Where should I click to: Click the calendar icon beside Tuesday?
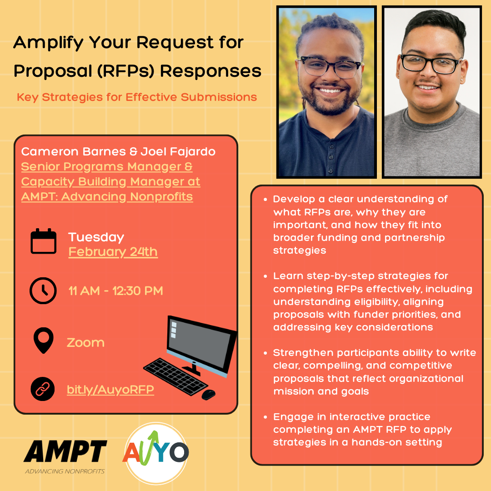[x=44, y=241]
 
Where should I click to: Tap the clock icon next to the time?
[x=43, y=290]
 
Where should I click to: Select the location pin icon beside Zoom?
[x=44, y=341]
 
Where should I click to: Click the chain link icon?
[x=43, y=389]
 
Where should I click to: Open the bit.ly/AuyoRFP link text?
[x=110, y=390]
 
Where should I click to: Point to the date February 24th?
[x=113, y=252]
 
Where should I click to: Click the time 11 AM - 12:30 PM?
[x=115, y=291]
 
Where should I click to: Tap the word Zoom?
[x=85, y=342]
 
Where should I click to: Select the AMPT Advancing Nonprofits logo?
[x=65, y=456]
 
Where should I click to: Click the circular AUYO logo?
[x=156, y=452]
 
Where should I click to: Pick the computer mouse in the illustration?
[x=208, y=394]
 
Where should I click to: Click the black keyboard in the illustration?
[x=175, y=376]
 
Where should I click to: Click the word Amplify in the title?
[x=48, y=43]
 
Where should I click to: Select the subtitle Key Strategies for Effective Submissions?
[x=137, y=97]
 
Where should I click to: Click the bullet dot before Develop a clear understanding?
[x=266, y=199]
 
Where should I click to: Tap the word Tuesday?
[x=96, y=237]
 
